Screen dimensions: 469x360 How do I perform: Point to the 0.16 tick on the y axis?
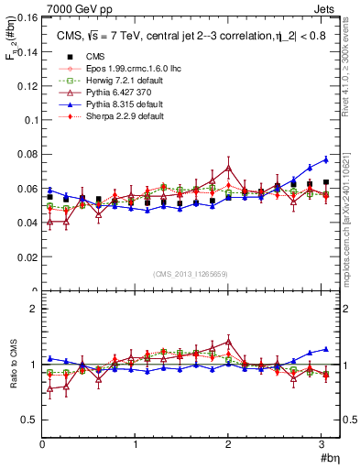pyautogui.click(x=27, y=17)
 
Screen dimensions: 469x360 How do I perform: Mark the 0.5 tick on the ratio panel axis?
pyautogui.click(x=29, y=420)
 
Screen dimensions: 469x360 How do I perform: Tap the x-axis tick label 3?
pyautogui.click(x=322, y=446)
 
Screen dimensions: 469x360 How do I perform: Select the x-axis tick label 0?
pyautogui.click(x=42, y=446)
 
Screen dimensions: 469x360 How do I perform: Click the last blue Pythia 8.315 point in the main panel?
pyautogui.click(x=325, y=159)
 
